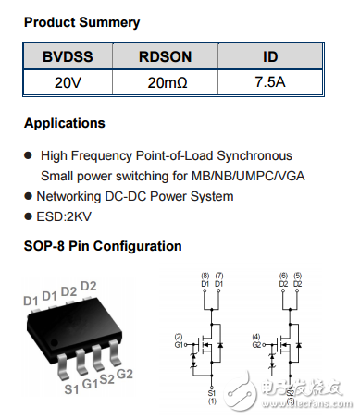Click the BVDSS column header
[66, 57]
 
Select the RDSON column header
[166, 57]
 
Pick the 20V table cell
[66, 82]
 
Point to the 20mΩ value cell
[166, 82]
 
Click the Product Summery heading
[82, 21]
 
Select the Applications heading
[65, 123]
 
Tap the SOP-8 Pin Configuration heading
[103, 247]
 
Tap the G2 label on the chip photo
[125, 374]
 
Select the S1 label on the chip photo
[70, 389]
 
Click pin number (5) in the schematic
[298, 277]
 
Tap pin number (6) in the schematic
[281, 277]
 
